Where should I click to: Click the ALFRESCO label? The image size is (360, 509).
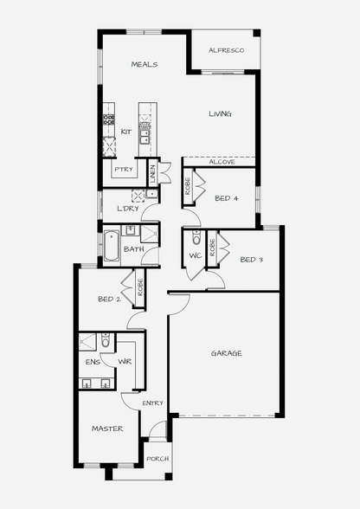(x=226, y=50)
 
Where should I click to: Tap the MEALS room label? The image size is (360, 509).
(x=145, y=64)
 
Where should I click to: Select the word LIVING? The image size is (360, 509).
(x=220, y=113)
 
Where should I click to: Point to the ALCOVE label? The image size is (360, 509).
(x=222, y=162)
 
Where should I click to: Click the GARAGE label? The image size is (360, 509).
(x=226, y=353)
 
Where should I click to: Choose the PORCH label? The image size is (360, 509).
(x=157, y=459)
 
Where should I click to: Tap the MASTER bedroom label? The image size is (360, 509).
(x=107, y=428)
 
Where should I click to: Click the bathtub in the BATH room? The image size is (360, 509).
(x=112, y=246)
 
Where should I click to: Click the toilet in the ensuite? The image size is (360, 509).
(x=106, y=340)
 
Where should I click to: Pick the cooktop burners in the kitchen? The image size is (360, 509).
(x=109, y=119)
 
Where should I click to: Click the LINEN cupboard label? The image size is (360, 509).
(x=153, y=173)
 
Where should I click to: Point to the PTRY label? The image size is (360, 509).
(x=124, y=169)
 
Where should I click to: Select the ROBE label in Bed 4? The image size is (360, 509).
(x=188, y=186)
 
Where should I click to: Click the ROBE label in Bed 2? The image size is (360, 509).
(x=140, y=287)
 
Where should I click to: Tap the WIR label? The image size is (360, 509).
(x=125, y=361)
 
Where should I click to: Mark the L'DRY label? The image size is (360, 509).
(x=128, y=209)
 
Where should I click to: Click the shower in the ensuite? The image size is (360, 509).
(x=87, y=342)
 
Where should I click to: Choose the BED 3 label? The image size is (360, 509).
(x=252, y=260)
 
